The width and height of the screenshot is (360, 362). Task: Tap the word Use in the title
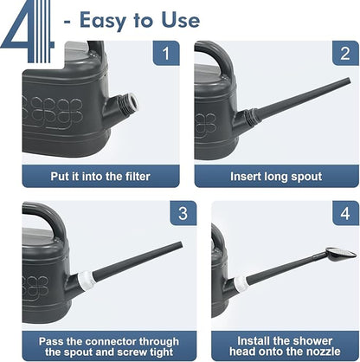tap(181, 20)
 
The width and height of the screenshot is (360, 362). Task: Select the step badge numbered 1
tap(166, 53)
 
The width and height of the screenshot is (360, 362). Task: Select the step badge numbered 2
tap(345, 53)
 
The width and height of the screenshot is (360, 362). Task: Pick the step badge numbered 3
tap(183, 213)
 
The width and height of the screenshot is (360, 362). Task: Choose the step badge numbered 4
tap(345, 213)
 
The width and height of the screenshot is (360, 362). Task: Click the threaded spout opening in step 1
tap(132, 102)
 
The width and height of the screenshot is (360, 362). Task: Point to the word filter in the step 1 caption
tap(138, 177)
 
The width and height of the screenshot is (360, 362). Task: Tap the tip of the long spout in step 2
tap(349, 81)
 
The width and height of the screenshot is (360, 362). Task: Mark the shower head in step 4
tap(341, 253)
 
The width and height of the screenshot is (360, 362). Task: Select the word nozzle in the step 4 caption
tap(322, 352)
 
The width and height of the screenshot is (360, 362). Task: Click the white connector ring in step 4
tap(241, 284)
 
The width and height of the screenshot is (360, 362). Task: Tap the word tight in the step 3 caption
tap(161, 352)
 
